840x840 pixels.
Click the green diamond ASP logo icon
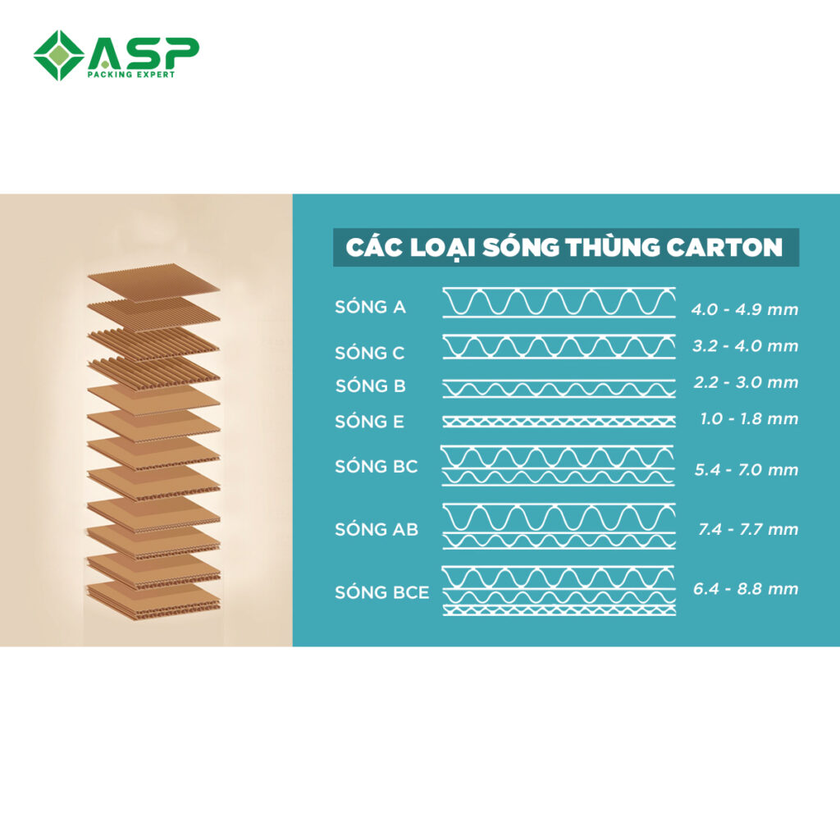59,55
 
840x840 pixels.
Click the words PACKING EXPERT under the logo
131,75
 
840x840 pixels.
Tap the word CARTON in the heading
724,247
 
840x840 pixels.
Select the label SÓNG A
370,307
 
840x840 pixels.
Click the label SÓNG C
370,353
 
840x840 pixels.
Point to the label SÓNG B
371,386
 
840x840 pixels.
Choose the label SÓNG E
370,422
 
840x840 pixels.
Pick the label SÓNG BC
376,466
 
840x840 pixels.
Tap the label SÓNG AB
377,529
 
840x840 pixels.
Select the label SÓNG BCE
382,592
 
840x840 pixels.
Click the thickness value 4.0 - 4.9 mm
745,309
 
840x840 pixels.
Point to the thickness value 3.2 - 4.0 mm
745,345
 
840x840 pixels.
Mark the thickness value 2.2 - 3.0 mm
746,382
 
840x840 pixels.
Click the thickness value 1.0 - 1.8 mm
750,418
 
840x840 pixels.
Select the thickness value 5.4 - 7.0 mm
746,469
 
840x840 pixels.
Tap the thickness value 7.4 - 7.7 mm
748,529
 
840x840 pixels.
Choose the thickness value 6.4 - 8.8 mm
746,588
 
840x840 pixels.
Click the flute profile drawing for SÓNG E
559,422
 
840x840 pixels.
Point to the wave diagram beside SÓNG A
559,303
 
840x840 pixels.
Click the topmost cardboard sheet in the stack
153,282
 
